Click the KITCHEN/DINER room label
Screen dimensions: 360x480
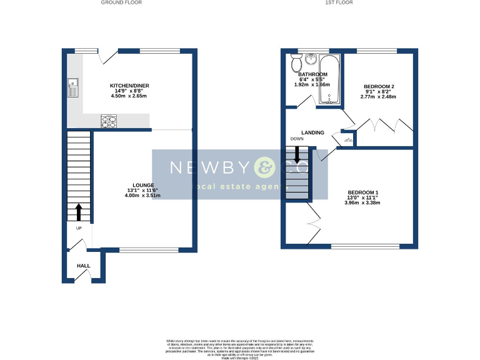tap(129, 86)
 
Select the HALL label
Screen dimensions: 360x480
tap(83, 266)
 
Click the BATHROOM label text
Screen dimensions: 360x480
tap(312, 74)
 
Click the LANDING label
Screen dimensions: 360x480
tap(312, 132)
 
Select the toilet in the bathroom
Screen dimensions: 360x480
tap(296, 62)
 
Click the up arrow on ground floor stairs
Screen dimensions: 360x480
tap(79, 212)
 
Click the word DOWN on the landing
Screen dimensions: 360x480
tap(296, 139)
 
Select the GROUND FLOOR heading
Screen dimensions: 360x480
tap(121, 3)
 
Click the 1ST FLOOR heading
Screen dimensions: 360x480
tap(339, 3)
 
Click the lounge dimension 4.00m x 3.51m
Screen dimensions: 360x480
tap(142, 196)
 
